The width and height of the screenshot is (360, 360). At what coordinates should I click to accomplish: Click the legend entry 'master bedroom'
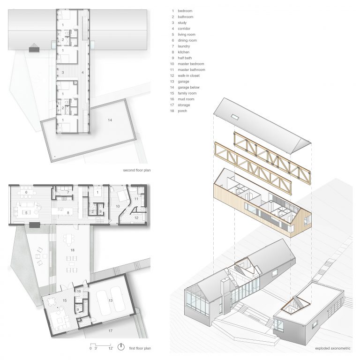pyautogui.click(x=191, y=64)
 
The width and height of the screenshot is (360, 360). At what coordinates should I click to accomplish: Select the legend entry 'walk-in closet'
pyautogui.click(x=188, y=75)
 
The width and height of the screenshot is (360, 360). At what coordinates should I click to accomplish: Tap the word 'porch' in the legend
pyautogui.click(x=182, y=111)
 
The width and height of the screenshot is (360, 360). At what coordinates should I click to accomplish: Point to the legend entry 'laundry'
pyautogui.click(x=184, y=46)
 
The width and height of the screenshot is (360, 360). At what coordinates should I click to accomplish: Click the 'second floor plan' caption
pyautogui.click(x=137, y=170)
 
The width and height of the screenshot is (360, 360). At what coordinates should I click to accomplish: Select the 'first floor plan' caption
pyautogui.click(x=140, y=348)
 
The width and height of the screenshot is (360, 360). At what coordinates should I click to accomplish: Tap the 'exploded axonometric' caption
pyautogui.click(x=333, y=349)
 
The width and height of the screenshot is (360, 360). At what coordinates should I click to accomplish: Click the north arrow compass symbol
pyautogui.click(x=121, y=347)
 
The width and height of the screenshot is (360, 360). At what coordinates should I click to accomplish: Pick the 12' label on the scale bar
pyautogui.click(x=111, y=348)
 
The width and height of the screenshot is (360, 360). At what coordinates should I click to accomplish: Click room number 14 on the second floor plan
pyautogui.click(x=110, y=120)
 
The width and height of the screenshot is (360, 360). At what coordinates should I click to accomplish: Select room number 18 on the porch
pyautogui.click(x=72, y=250)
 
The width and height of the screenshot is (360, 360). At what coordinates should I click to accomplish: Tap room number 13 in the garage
pyautogui.click(x=111, y=300)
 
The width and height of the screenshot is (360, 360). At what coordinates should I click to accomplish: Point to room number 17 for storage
pyautogui.click(x=111, y=331)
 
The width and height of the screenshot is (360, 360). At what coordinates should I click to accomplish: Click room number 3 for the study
pyautogui.click(x=63, y=73)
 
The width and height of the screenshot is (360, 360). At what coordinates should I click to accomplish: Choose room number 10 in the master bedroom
pyautogui.click(x=118, y=206)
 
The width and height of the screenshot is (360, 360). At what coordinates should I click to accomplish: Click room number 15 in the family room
pyautogui.click(x=65, y=300)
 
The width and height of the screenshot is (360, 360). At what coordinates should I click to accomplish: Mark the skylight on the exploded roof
pyautogui.click(x=235, y=117)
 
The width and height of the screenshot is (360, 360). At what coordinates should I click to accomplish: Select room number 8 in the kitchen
pyautogui.click(x=68, y=213)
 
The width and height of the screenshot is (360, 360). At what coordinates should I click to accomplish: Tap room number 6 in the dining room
pyautogui.click(x=26, y=192)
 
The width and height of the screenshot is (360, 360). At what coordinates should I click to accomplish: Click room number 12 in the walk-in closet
pyautogui.click(x=136, y=217)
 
